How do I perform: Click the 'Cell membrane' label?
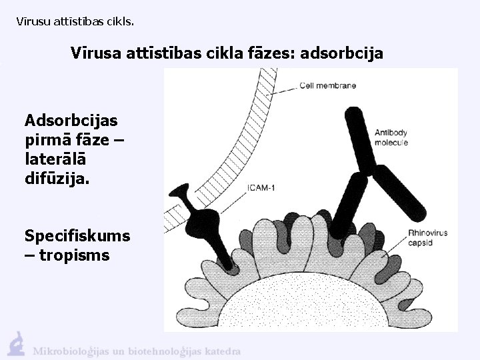point(327,85)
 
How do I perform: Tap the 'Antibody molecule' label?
point(391,137)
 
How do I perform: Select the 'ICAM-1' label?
point(261,188)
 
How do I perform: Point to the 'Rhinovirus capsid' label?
point(427,238)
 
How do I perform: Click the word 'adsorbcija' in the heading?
point(342,53)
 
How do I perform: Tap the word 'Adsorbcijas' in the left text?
point(71,121)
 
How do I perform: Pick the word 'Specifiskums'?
point(77,236)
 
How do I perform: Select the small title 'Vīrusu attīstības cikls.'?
point(75,21)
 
